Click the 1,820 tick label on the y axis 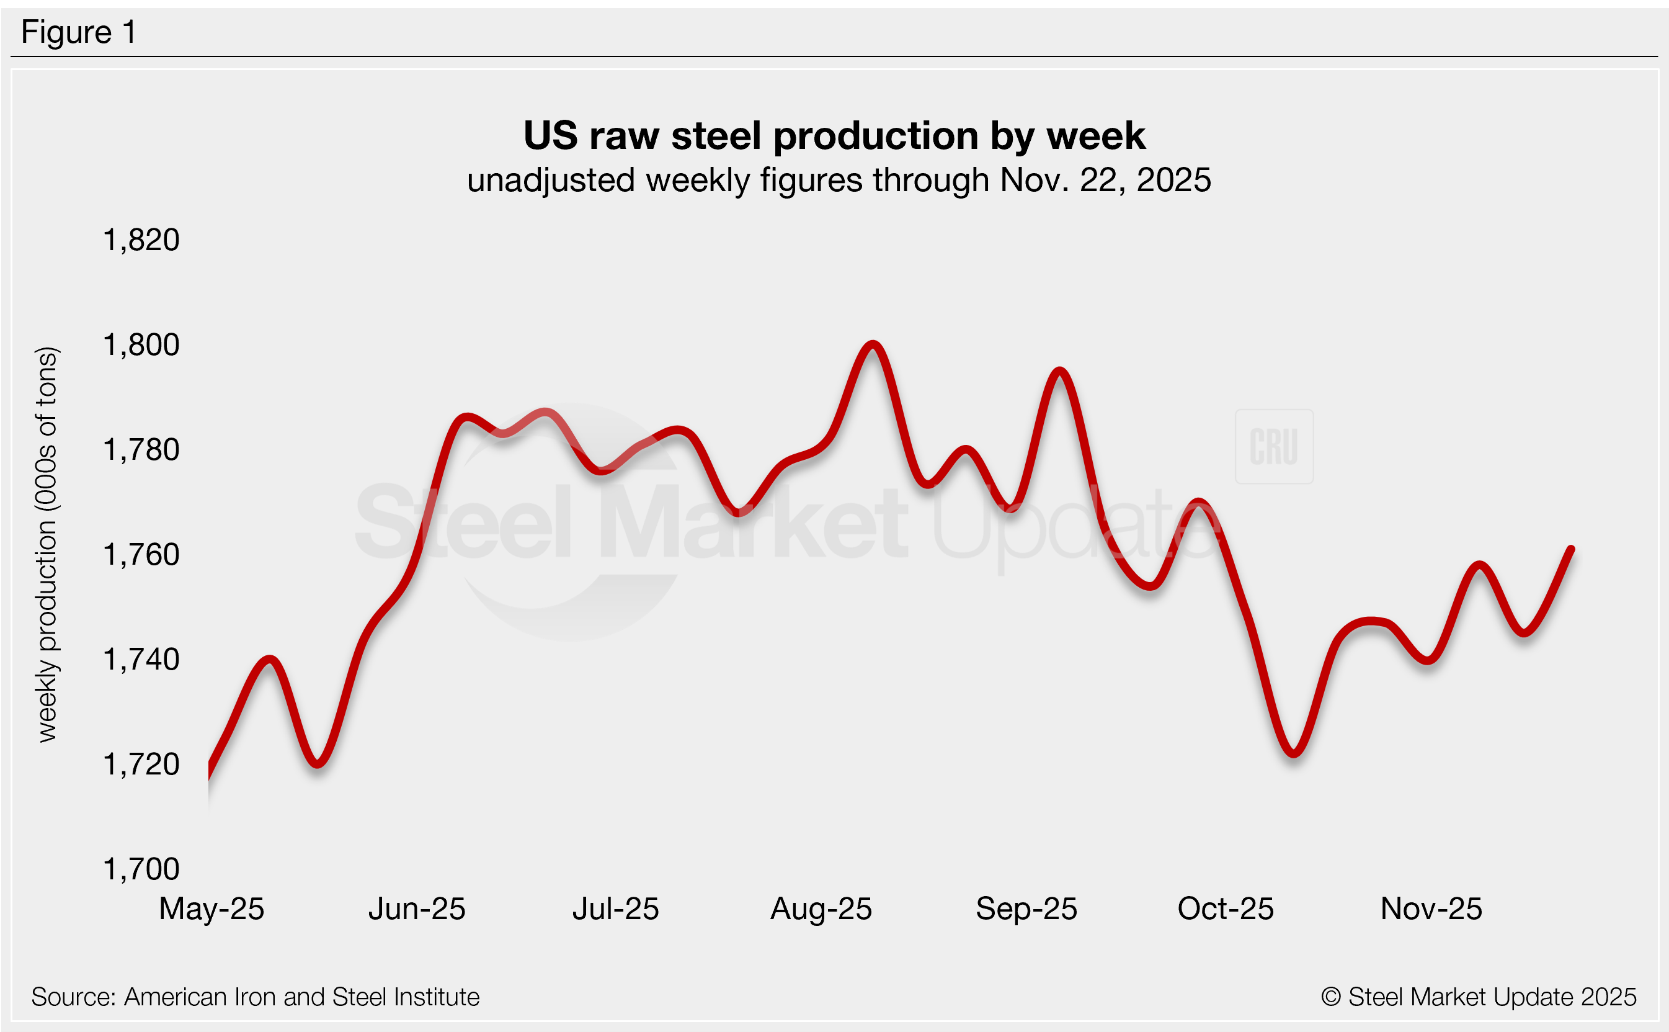141,240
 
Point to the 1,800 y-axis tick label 141,344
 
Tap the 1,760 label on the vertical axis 141,554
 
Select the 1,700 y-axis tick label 141,869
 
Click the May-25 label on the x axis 211,909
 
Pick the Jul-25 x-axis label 615,909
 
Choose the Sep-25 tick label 1026,909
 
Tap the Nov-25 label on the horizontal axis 1431,909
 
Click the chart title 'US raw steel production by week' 834,135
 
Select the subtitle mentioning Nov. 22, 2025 839,180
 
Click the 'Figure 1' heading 78,32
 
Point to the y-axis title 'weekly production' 47,544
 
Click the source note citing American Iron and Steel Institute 255,997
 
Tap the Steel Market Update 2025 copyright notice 1478,997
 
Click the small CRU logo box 1273,446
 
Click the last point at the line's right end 1572,549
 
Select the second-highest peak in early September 1059,371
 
